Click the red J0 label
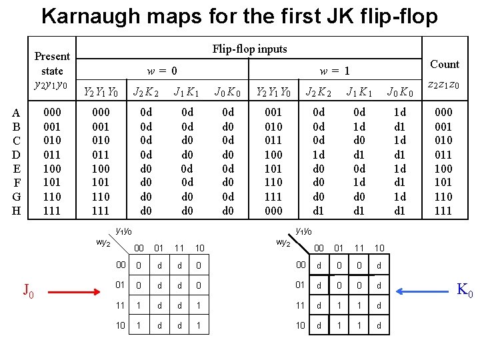pos(28,291)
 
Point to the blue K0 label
pos(464,291)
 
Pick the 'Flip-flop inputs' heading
pos(249,49)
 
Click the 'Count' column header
pos(445,65)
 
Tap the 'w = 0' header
pos(163,70)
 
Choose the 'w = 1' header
pos(335,70)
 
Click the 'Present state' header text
pos(52,63)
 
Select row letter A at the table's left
pos(16,113)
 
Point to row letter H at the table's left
pos(16,211)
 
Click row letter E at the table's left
pos(16,169)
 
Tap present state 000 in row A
pos(52,113)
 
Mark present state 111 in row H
pos(52,211)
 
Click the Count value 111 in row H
pos(443,211)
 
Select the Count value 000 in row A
pos(443,113)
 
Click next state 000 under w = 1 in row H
pos(274,211)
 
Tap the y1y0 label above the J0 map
pos(124,231)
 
